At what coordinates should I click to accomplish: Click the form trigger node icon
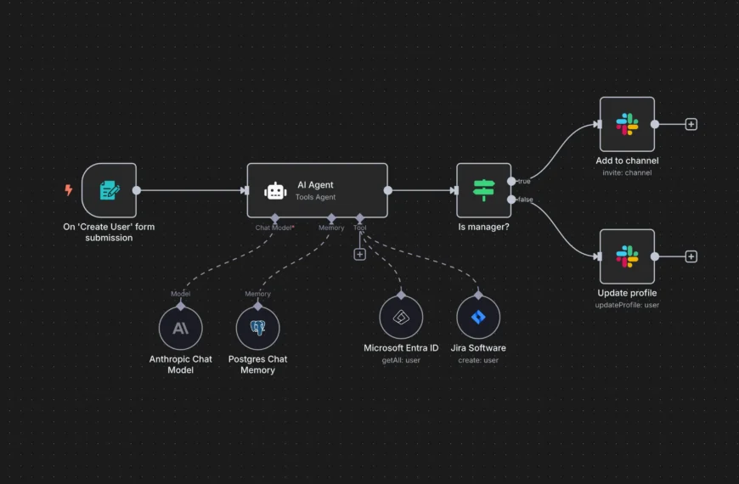tap(109, 190)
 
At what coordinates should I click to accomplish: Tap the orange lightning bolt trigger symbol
tap(69, 190)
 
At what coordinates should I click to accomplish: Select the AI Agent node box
tap(317, 190)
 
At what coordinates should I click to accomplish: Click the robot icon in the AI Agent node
tap(275, 191)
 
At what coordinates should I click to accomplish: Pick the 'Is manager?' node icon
tap(483, 190)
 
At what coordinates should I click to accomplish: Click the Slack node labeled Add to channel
tap(627, 124)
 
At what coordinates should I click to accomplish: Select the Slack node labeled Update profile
tap(627, 256)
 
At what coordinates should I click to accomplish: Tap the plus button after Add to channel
tap(691, 124)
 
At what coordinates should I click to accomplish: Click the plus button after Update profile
tap(691, 256)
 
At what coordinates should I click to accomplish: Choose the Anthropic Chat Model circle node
tap(181, 328)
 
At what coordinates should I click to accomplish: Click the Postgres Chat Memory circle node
tap(257, 328)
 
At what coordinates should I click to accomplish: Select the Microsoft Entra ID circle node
tap(401, 317)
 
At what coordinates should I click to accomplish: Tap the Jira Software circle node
tap(478, 317)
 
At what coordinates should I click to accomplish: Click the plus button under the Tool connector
tap(359, 254)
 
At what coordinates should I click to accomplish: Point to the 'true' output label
tap(524, 182)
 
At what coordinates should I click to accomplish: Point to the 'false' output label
tap(525, 200)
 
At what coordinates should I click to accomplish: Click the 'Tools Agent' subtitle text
tap(316, 198)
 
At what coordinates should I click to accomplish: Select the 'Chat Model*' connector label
tap(274, 228)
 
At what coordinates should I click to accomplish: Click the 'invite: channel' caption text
tap(627, 172)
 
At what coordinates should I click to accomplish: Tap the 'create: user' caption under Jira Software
tap(478, 360)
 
